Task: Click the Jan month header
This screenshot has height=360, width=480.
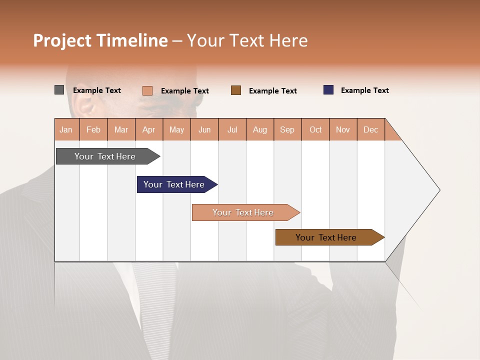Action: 66,129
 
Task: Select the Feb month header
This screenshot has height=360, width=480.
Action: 93,129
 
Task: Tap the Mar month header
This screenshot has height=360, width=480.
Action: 121,129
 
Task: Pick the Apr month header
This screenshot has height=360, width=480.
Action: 149,129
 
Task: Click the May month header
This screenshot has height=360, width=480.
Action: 176,129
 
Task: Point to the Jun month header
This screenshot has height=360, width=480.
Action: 204,129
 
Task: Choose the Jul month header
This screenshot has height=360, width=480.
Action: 232,129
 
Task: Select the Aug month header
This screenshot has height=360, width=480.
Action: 260,129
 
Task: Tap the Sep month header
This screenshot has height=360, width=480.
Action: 287,129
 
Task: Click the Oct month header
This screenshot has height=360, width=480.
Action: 315,129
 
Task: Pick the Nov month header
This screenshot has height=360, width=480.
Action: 343,129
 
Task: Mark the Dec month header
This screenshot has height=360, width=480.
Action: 371,129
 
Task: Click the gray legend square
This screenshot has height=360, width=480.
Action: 59,90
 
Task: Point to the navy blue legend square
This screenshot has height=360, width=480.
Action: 328,90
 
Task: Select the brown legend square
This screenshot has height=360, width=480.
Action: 236,90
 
